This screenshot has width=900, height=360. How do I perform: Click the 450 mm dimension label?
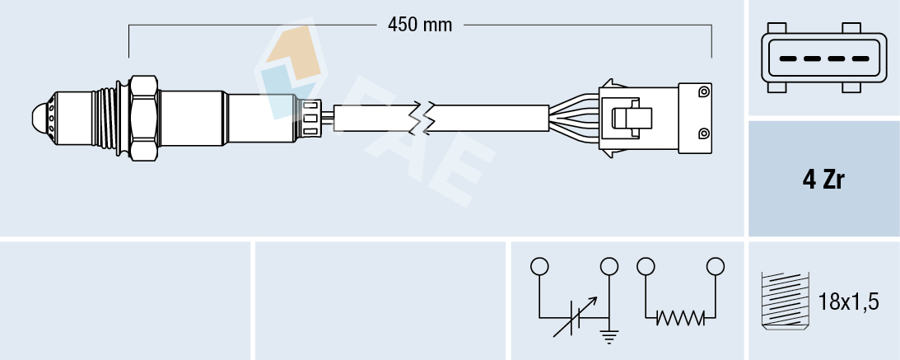click(x=420, y=25)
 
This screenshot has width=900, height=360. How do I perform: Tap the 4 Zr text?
click(x=823, y=180)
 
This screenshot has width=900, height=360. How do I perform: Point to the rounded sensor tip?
click(x=39, y=118)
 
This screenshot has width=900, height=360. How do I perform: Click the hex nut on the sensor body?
click(x=143, y=117)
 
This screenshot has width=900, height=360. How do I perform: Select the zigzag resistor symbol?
click(x=680, y=316)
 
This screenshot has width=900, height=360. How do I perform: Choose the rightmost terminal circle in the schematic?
click(x=716, y=266)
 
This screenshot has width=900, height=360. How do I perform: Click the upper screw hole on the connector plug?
click(x=702, y=91)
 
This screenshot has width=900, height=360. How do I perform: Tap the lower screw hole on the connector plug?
click(x=702, y=133)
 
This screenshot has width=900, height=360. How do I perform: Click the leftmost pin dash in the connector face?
click(x=786, y=59)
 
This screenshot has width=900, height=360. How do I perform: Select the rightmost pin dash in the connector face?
click(x=860, y=59)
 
